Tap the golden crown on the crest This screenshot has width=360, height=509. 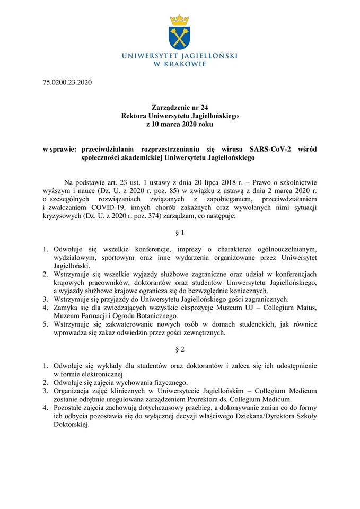point(179,20)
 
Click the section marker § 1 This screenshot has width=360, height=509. point(180,232)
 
